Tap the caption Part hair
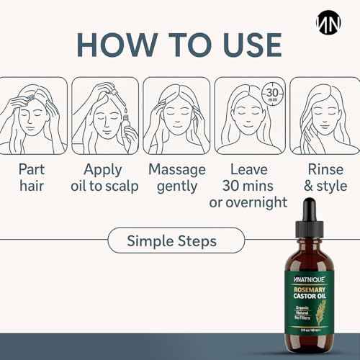34,177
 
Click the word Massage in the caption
176,169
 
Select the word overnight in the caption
249,202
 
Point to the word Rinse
326,169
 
